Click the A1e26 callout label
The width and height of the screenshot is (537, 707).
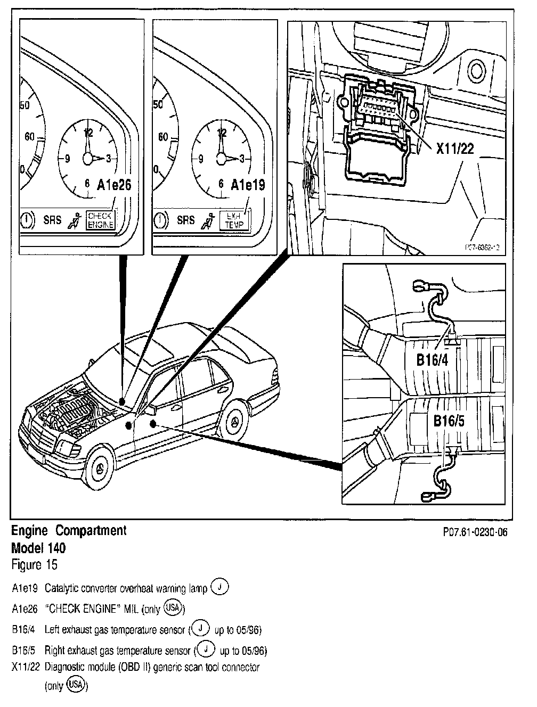coord(114,185)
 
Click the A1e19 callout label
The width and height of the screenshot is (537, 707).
coord(248,185)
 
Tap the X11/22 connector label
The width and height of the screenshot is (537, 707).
coord(455,149)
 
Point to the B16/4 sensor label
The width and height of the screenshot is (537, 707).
coord(432,360)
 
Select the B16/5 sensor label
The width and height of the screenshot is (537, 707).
coord(449,422)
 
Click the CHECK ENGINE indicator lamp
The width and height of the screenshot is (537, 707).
coord(101,219)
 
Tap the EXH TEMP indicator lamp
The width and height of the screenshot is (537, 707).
coord(234,220)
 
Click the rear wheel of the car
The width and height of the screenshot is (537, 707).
coord(234,420)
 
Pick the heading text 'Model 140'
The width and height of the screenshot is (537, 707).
coord(38,547)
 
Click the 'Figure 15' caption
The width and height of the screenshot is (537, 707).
coord(34,564)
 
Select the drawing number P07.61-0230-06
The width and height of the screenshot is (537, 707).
coord(473,532)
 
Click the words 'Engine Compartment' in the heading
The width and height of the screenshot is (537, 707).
coord(69,531)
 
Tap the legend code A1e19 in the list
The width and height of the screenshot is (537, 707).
coord(24,589)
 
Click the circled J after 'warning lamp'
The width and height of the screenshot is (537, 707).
coord(219,587)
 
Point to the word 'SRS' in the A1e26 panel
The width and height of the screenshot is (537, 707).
coord(52,219)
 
